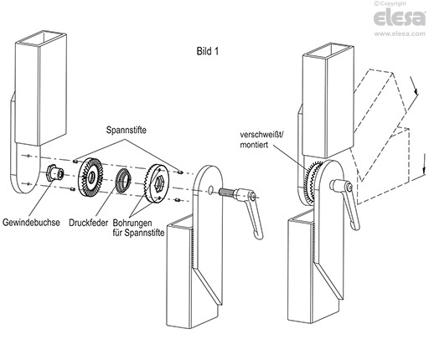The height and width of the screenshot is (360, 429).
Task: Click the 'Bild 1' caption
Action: [x=208, y=51]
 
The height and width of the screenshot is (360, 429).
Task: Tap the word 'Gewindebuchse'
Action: [x=31, y=223]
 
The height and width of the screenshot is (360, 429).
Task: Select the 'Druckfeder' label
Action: [x=88, y=223]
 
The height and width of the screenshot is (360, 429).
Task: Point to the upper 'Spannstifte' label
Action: [x=126, y=131]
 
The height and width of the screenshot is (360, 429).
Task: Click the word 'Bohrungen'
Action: [x=132, y=223]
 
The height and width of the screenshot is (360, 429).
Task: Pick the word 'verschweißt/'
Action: [x=262, y=135]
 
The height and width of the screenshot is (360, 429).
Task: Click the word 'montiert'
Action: [x=254, y=145]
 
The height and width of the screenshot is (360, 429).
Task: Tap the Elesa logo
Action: [x=400, y=18]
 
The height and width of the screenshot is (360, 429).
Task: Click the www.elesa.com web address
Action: [x=400, y=33]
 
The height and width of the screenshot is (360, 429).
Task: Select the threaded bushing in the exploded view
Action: [x=55, y=173]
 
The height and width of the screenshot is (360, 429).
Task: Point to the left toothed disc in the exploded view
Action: [x=90, y=177]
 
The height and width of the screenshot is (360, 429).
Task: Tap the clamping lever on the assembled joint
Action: [x=346, y=200]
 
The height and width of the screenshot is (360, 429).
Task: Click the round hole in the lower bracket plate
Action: [x=211, y=190]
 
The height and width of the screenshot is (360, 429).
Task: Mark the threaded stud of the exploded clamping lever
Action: [x=227, y=192]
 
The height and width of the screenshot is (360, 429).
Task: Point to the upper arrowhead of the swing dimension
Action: [x=416, y=91]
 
